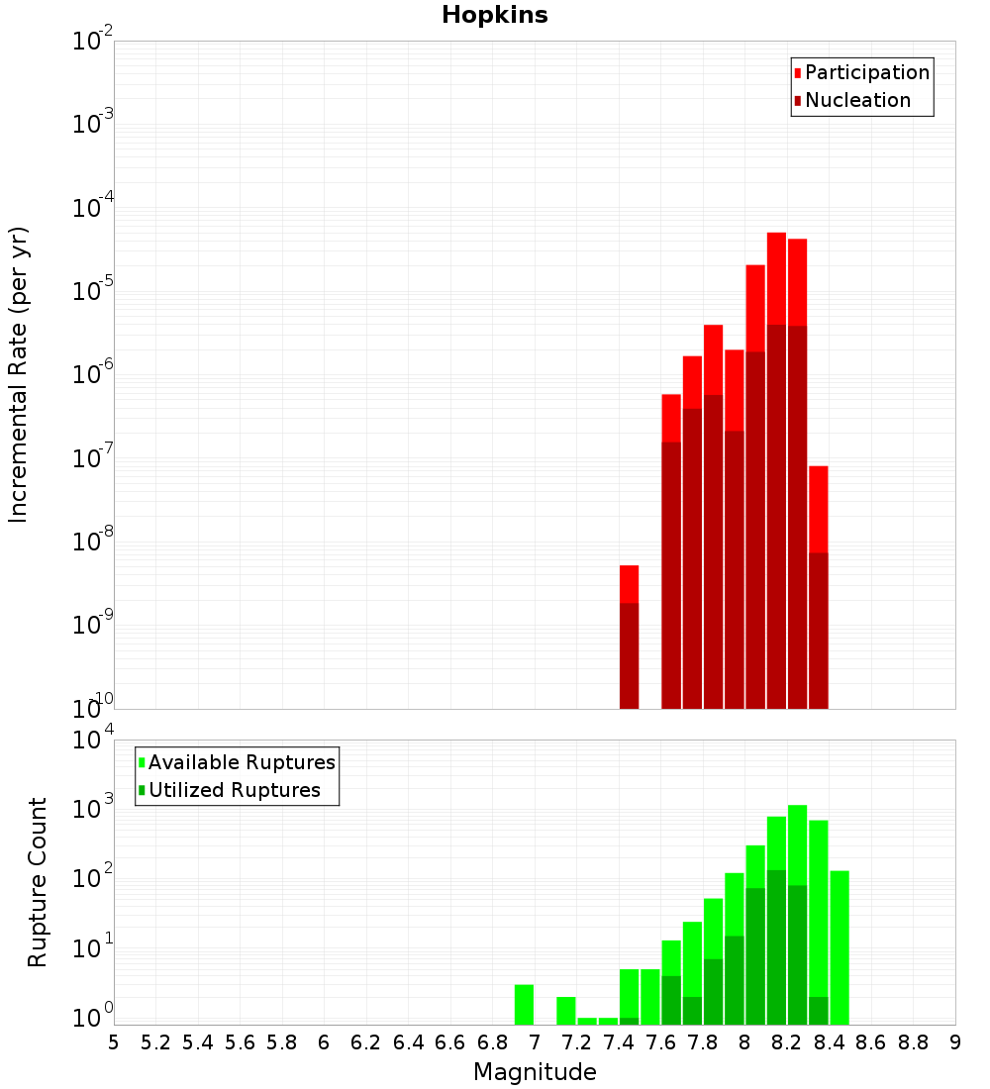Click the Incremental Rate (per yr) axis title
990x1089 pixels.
[x=19, y=374]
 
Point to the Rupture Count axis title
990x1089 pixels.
[x=38, y=882]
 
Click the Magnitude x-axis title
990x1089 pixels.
[x=535, y=1072]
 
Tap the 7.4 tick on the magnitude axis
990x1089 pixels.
[x=619, y=1042]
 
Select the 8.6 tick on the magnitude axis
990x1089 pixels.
[x=871, y=1042]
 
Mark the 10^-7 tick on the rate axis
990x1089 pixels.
[x=93, y=458]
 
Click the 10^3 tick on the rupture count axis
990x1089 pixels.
[x=93, y=808]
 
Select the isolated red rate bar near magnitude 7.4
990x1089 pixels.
[x=629, y=634]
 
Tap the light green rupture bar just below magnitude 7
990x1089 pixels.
[x=524, y=1004]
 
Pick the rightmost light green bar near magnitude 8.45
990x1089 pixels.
[x=840, y=945]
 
